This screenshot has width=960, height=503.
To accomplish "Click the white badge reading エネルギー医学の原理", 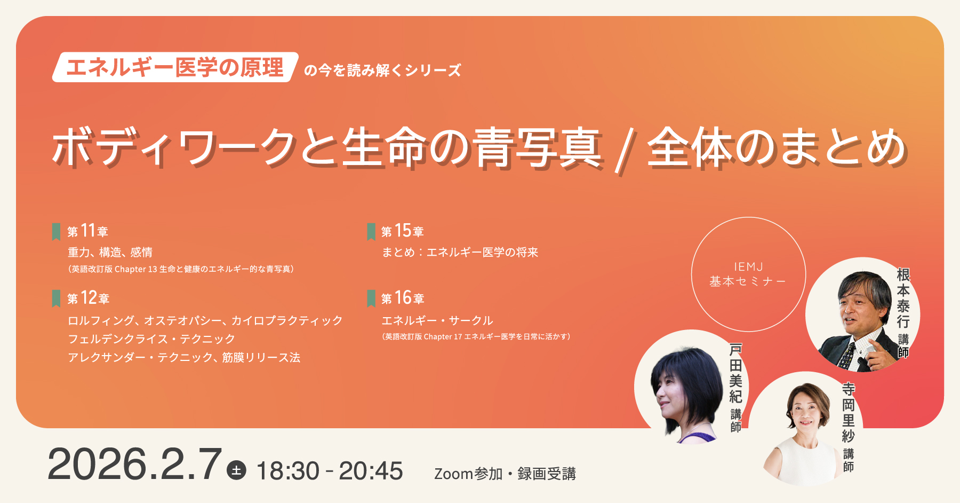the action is tap(175, 67).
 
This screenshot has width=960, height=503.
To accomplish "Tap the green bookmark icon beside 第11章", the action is tap(56, 232).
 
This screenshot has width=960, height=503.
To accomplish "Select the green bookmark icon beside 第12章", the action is tap(56, 298).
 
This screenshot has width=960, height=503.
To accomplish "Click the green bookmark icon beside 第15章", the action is tap(371, 232).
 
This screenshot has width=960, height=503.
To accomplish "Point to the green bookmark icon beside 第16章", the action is tap(371, 298).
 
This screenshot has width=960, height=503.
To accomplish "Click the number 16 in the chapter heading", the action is tap(403, 297).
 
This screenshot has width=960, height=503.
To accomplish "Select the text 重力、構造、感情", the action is tap(110, 252).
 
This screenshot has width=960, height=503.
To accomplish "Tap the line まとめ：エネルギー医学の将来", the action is tap(460, 252).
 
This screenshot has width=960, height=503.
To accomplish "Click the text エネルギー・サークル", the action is tap(437, 320).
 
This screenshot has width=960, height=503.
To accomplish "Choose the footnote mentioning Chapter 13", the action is tap(181, 269).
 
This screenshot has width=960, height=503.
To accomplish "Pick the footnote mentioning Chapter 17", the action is tap(476, 336).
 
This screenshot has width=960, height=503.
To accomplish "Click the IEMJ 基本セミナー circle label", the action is tap(748, 274).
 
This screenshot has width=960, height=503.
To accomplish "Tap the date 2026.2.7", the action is tap(134, 464).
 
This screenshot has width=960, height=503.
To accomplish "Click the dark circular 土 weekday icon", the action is tap(236, 470).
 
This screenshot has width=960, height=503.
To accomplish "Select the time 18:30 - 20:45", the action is tap(330, 471).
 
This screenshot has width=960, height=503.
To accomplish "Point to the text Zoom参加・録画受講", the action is tap(505, 474).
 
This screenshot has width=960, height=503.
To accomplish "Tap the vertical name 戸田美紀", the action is tap(736, 373).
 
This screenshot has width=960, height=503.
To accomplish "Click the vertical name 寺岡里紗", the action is tap(849, 412).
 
